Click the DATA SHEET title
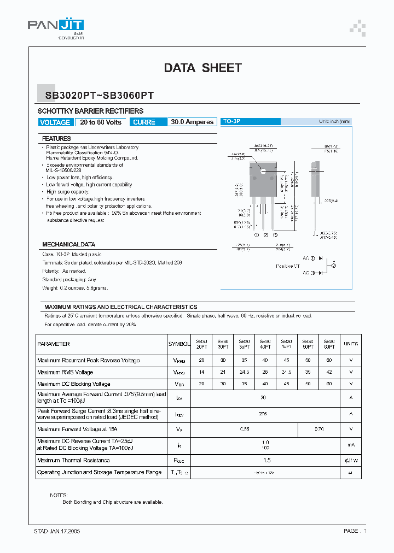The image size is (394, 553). coord(202,68)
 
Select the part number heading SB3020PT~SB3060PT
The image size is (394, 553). coord(99,95)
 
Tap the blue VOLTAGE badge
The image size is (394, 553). coord(55,122)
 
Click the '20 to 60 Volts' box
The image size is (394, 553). coord(101,122)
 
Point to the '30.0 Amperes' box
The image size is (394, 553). coord(192,122)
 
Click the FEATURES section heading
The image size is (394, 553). coord(56,139)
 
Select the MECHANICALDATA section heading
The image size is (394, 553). coord(68,244)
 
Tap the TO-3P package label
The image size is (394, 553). coord(231,121)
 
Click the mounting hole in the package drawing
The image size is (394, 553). coord(263,171)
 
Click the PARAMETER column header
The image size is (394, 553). coord(54,344)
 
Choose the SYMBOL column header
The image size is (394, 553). coord(179,344)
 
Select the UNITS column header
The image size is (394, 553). coord(351,344)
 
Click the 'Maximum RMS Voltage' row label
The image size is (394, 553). coord(65,372)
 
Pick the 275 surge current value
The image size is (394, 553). coord(263,414)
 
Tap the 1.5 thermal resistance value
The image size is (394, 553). coord(266,460)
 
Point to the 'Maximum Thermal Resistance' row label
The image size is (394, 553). coord(73,460)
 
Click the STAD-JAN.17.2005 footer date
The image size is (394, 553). coord(57,531)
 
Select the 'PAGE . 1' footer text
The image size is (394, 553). coord(355,531)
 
